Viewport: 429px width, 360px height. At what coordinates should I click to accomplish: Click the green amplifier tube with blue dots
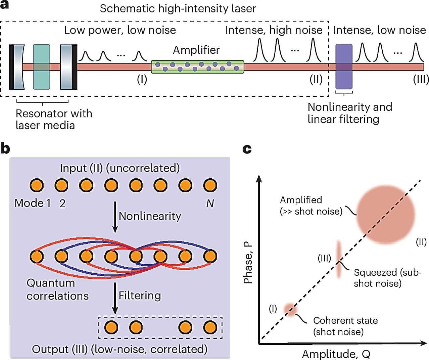197,67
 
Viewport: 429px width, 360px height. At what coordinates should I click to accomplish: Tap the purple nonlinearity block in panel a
344,66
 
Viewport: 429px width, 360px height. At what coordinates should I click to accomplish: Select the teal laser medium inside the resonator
42,67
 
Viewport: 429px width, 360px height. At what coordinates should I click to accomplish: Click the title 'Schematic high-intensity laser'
178,8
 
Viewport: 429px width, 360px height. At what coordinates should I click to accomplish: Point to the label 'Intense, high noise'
274,30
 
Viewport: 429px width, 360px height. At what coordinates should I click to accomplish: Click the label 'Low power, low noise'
120,30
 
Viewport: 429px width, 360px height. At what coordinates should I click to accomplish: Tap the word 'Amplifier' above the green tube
196,50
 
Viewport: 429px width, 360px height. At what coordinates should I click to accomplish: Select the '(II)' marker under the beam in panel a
316,80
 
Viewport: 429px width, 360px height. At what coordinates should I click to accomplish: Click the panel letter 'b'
5,148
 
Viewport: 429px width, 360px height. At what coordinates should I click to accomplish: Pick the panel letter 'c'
247,148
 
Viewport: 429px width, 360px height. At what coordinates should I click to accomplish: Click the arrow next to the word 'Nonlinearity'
115,217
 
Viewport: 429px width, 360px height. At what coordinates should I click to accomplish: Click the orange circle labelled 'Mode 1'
37,185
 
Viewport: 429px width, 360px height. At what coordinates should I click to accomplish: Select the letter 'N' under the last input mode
210,203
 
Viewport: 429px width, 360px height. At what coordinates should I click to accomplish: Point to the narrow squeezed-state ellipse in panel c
338,259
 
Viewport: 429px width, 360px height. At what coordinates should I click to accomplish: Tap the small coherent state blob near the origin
289,310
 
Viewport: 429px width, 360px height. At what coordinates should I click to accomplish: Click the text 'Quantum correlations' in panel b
57,289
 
